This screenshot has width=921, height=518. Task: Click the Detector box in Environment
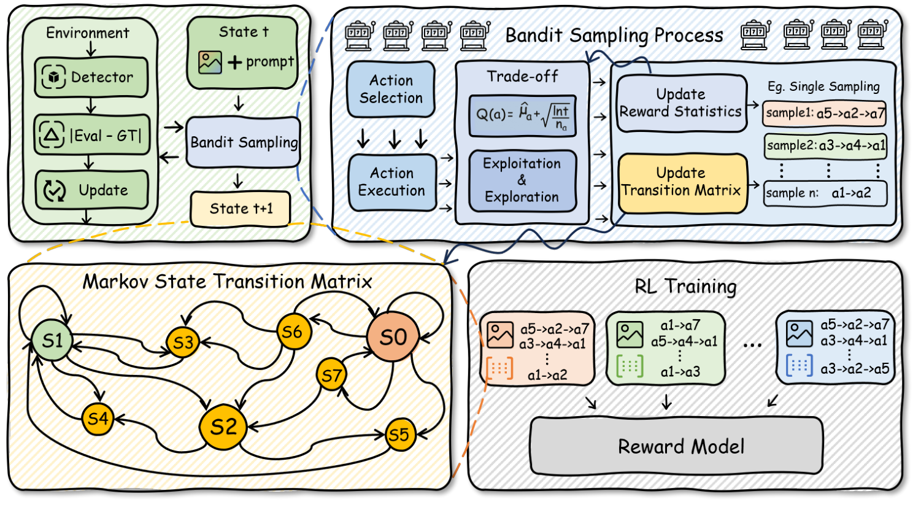(x=91, y=77)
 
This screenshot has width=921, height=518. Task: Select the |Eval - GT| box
(x=91, y=135)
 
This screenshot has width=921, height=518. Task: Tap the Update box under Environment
(x=91, y=190)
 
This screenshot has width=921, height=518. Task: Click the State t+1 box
(x=241, y=209)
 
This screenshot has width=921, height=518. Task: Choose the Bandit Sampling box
(x=244, y=142)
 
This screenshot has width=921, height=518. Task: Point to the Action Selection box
(x=391, y=90)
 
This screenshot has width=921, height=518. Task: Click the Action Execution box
(x=391, y=182)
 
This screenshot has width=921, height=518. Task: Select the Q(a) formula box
(x=522, y=115)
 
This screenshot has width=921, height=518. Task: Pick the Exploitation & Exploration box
(x=522, y=180)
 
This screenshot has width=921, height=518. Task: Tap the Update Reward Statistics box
(x=681, y=103)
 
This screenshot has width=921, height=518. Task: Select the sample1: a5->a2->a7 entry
(x=825, y=113)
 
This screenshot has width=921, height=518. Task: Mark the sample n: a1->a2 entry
(x=825, y=193)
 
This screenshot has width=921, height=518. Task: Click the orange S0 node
(x=393, y=337)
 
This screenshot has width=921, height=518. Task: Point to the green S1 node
(x=52, y=340)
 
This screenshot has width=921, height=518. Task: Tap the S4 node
(x=98, y=419)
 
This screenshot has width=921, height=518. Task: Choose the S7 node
(x=331, y=375)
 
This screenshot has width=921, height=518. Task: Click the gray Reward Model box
(x=676, y=446)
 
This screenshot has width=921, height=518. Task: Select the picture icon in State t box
(x=210, y=62)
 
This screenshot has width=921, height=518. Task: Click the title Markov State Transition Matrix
(x=227, y=282)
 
